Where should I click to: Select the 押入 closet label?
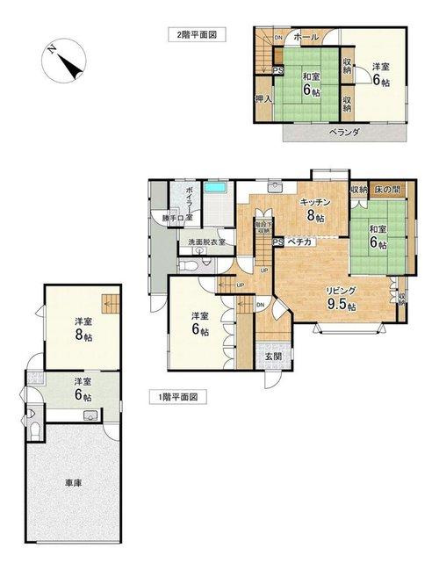[x=263, y=99]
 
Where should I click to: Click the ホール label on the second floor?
[x=305, y=37]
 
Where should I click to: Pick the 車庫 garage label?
[x=73, y=482]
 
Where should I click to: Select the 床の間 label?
[x=387, y=189]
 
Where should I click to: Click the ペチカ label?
[x=299, y=241]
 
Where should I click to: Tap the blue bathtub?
[x=216, y=187]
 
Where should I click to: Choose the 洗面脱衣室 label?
[x=206, y=242]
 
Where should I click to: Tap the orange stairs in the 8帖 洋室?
[x=109, y=303]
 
